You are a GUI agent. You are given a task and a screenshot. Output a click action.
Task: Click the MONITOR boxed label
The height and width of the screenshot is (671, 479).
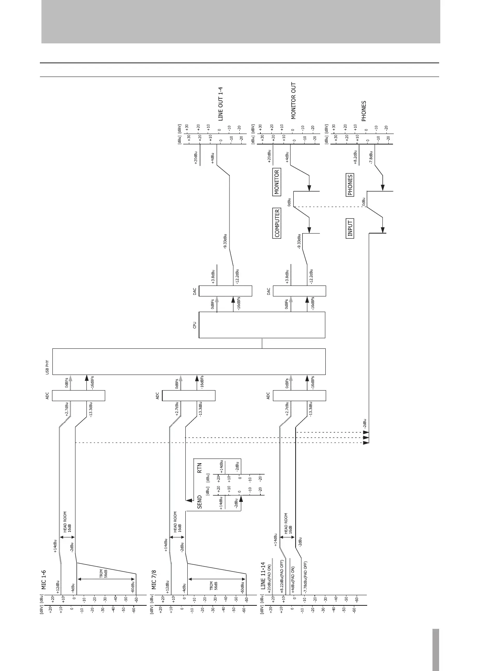(276, 182)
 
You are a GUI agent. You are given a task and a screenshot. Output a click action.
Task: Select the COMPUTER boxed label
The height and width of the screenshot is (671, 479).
(277, 223)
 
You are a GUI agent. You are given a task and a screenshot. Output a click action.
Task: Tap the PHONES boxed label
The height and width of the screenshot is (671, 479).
(350, 185)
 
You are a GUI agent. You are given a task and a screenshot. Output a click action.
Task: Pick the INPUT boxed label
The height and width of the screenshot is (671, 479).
(350, 228)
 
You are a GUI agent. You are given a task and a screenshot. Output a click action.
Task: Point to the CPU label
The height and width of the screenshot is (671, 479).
(195, 325)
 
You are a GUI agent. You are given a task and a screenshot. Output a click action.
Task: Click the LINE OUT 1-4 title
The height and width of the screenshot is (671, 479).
(221, 104)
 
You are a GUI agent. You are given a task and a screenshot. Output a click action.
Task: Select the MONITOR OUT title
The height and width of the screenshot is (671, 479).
(294, 101)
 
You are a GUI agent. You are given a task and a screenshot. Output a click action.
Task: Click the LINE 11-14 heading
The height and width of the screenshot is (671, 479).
(263, 576)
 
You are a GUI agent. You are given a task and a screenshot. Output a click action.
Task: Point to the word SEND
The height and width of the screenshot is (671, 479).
(200, 502)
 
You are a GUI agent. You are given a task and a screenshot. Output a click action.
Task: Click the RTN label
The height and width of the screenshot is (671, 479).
(199, 468)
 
